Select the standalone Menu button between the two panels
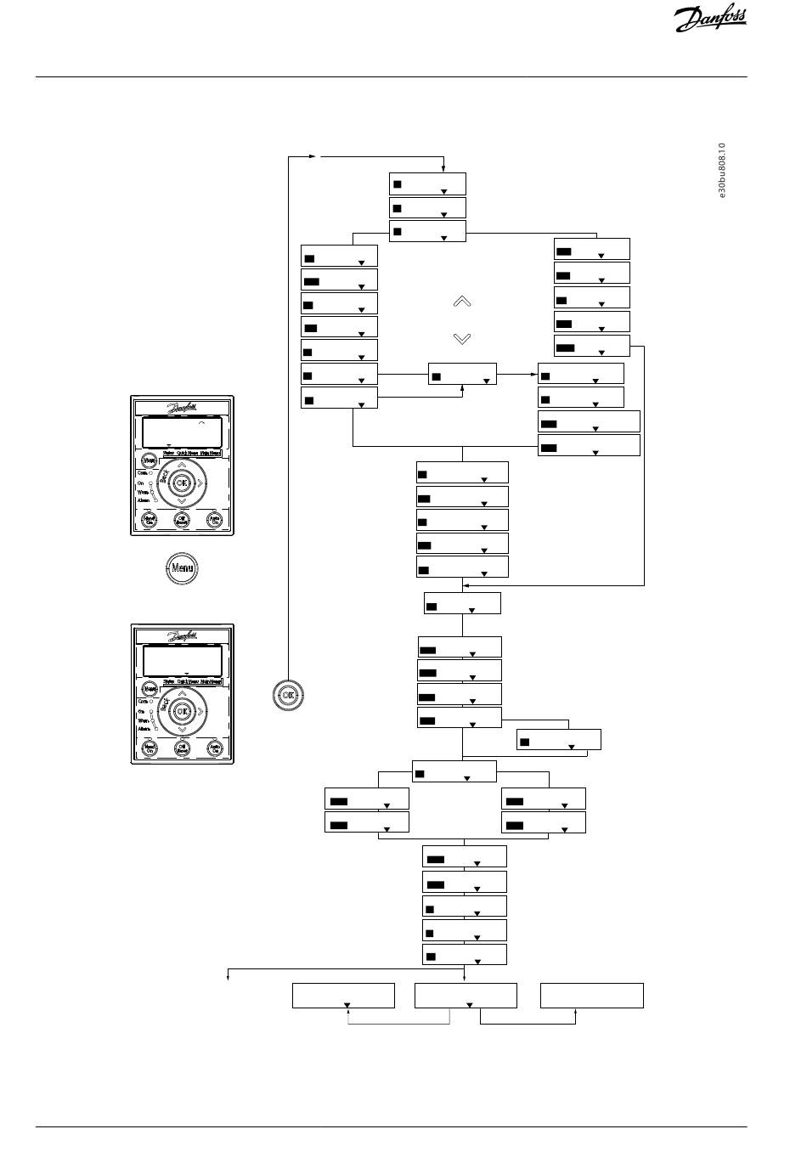(181, 568)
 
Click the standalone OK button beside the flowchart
(289, 694)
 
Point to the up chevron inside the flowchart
(462, 302)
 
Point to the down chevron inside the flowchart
(462, 339)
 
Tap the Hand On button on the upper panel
(149, 519)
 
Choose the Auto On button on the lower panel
(215, 748)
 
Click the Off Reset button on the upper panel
(181, 519)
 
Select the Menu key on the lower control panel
(150, 689)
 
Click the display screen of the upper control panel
(182, 432)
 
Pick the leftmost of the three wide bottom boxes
(343, 996)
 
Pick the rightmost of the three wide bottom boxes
(592, 996)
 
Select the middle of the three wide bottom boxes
(466, 996)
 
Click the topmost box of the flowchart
(427, 183)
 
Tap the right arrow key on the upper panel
(200, 483)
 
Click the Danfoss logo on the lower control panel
(182, 635)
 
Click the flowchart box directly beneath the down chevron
(462, 375)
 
